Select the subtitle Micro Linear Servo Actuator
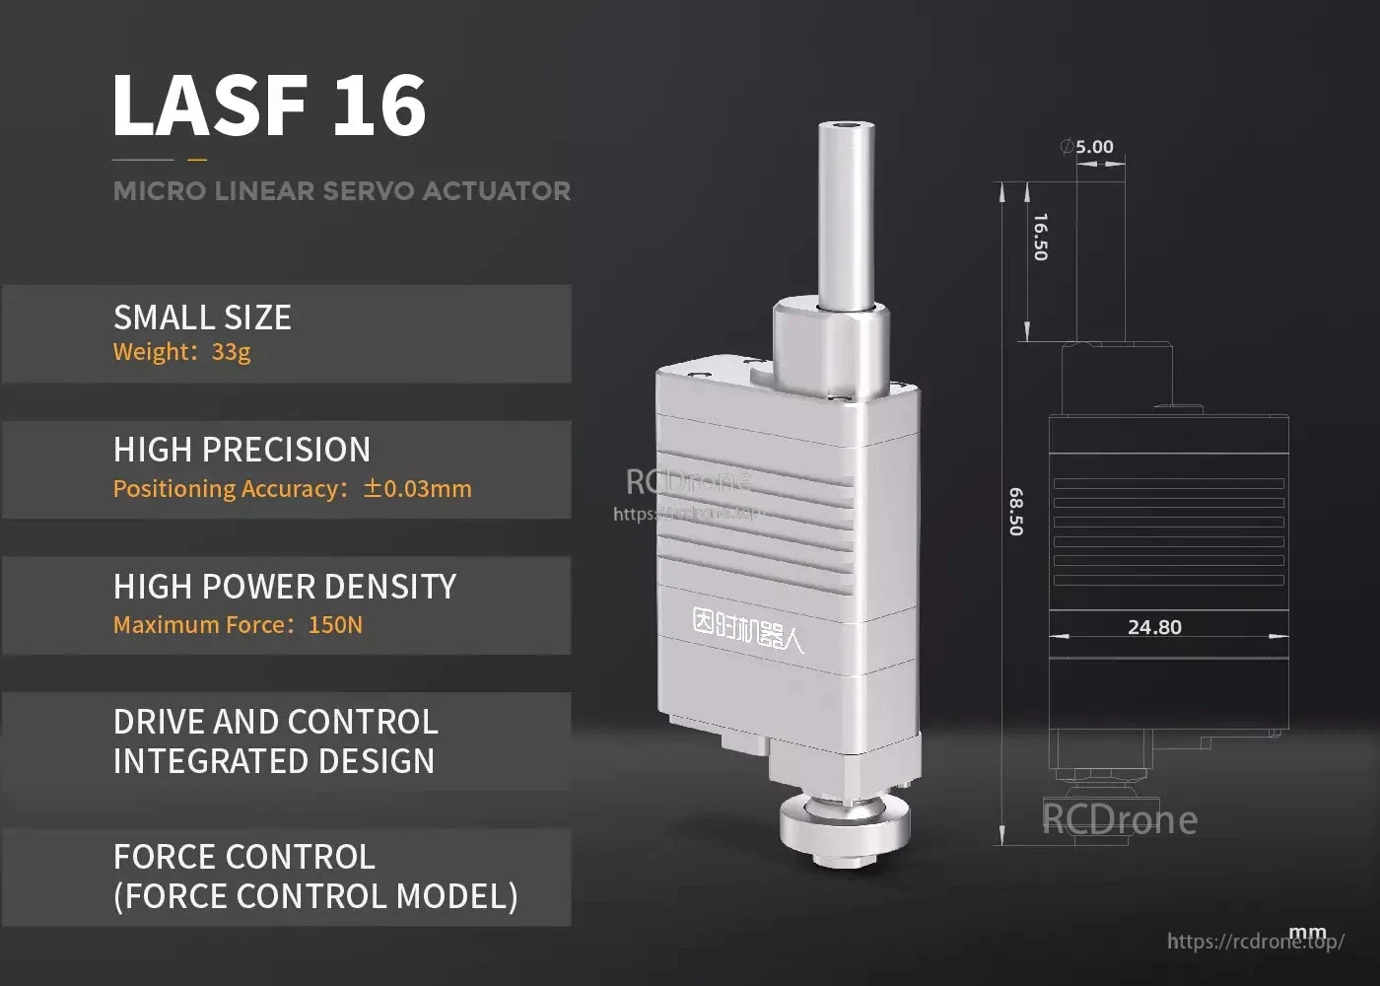click(x=342, y=191)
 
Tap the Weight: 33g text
click(x=182, y=352)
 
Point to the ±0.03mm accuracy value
click(x=418, y=489)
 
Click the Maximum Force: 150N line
click(x=238, y=625)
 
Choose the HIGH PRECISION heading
click(x=241, y=450)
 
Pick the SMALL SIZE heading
click(x=202, y=317)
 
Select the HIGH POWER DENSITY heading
click(x=285, y=587)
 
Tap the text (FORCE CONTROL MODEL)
click(x=315, y=896)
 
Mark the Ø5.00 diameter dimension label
click(x=1087, y=147)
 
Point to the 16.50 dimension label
click(x=1040, y=237)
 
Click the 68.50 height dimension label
click(x=1016, y=512)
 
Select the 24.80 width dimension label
click(x=1154, y=627)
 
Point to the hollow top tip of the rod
click(x=847, y=126)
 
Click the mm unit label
click(x=1308, y=933)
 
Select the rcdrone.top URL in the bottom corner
click(x=1255, y=942)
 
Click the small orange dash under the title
click(x=197, y=159)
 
